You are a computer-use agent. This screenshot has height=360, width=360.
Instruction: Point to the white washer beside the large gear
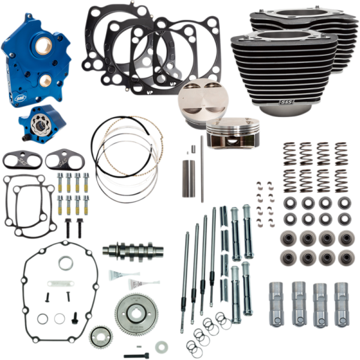click(x=161, y=346)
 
